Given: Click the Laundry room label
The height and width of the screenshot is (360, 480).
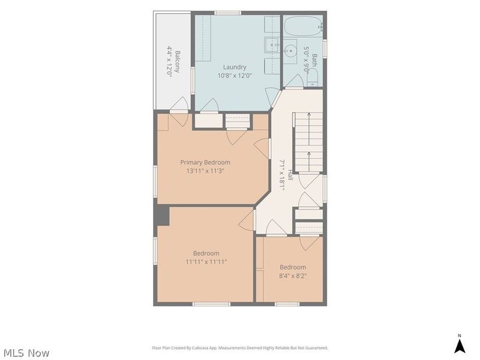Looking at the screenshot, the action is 235,67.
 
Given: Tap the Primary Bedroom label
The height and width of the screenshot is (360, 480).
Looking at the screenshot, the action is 205,162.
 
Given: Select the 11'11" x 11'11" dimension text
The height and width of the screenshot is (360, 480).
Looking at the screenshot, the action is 206,262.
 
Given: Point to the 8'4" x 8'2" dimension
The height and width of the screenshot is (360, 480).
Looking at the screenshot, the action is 293,276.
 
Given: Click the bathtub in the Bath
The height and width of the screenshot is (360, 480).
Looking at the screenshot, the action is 303,26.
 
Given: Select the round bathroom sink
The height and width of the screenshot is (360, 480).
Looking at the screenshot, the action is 289,51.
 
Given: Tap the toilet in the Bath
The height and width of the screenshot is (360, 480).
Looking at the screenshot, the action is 313,77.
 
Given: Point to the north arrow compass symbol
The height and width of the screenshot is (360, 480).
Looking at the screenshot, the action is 459,344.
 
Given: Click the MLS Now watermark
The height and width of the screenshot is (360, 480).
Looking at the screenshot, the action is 26,353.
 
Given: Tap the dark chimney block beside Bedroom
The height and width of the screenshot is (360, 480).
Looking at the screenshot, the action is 163,216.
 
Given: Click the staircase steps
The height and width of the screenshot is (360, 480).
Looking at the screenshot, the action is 308,142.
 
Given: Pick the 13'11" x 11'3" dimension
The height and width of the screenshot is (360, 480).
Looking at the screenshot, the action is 205,171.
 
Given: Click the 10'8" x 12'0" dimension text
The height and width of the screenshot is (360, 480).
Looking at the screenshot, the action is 235,76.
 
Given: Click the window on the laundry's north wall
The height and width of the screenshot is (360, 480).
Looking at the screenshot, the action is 228,13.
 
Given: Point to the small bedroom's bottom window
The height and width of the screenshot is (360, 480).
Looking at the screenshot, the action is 287,304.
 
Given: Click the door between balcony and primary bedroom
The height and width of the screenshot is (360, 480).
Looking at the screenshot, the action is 179,112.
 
